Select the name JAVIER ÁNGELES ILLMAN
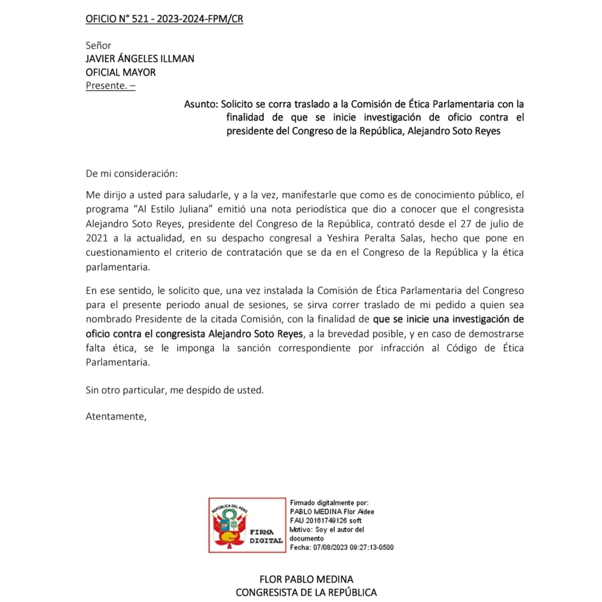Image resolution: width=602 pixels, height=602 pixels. click(x=140, y=59)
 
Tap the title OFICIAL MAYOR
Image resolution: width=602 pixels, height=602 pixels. click(x=120, y=72)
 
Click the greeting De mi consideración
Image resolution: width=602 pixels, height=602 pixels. click(x=131, y=173)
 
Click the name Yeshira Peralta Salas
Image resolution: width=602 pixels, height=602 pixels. click(x=375, y=238)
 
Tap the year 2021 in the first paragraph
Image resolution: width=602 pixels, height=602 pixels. click(x=97, y=238)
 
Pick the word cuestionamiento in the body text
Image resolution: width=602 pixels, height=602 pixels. click(x=122, y=252)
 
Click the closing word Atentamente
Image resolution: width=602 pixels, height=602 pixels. click(x=116, y=416)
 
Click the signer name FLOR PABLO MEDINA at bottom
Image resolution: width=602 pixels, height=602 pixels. click(x=306, y=579)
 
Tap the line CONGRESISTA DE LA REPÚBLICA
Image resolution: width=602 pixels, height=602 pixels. click(x=306, y=592)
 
